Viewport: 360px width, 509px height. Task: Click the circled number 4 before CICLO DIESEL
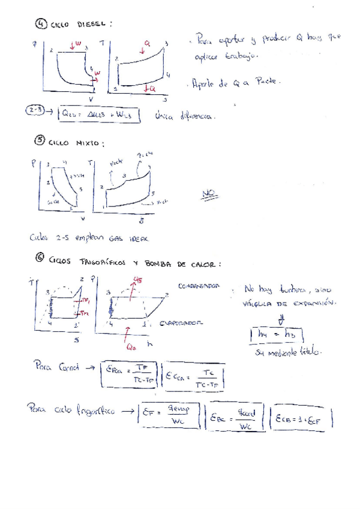point(40,24)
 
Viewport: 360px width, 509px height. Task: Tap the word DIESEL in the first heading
point(92,25)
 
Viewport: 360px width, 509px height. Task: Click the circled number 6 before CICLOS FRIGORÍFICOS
point(40,259)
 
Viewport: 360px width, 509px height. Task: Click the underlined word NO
point(208,193)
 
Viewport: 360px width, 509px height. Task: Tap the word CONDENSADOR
point(198,285)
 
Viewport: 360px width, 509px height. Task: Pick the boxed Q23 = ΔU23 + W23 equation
point(100,115)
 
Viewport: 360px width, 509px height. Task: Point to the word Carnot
point(67,367)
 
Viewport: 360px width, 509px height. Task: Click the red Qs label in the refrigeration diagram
point(137,279)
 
